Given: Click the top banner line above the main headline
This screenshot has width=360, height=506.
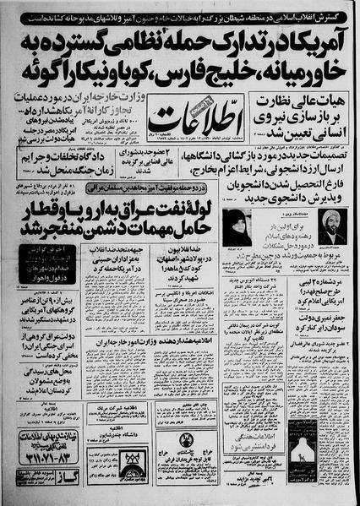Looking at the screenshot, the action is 179,9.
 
